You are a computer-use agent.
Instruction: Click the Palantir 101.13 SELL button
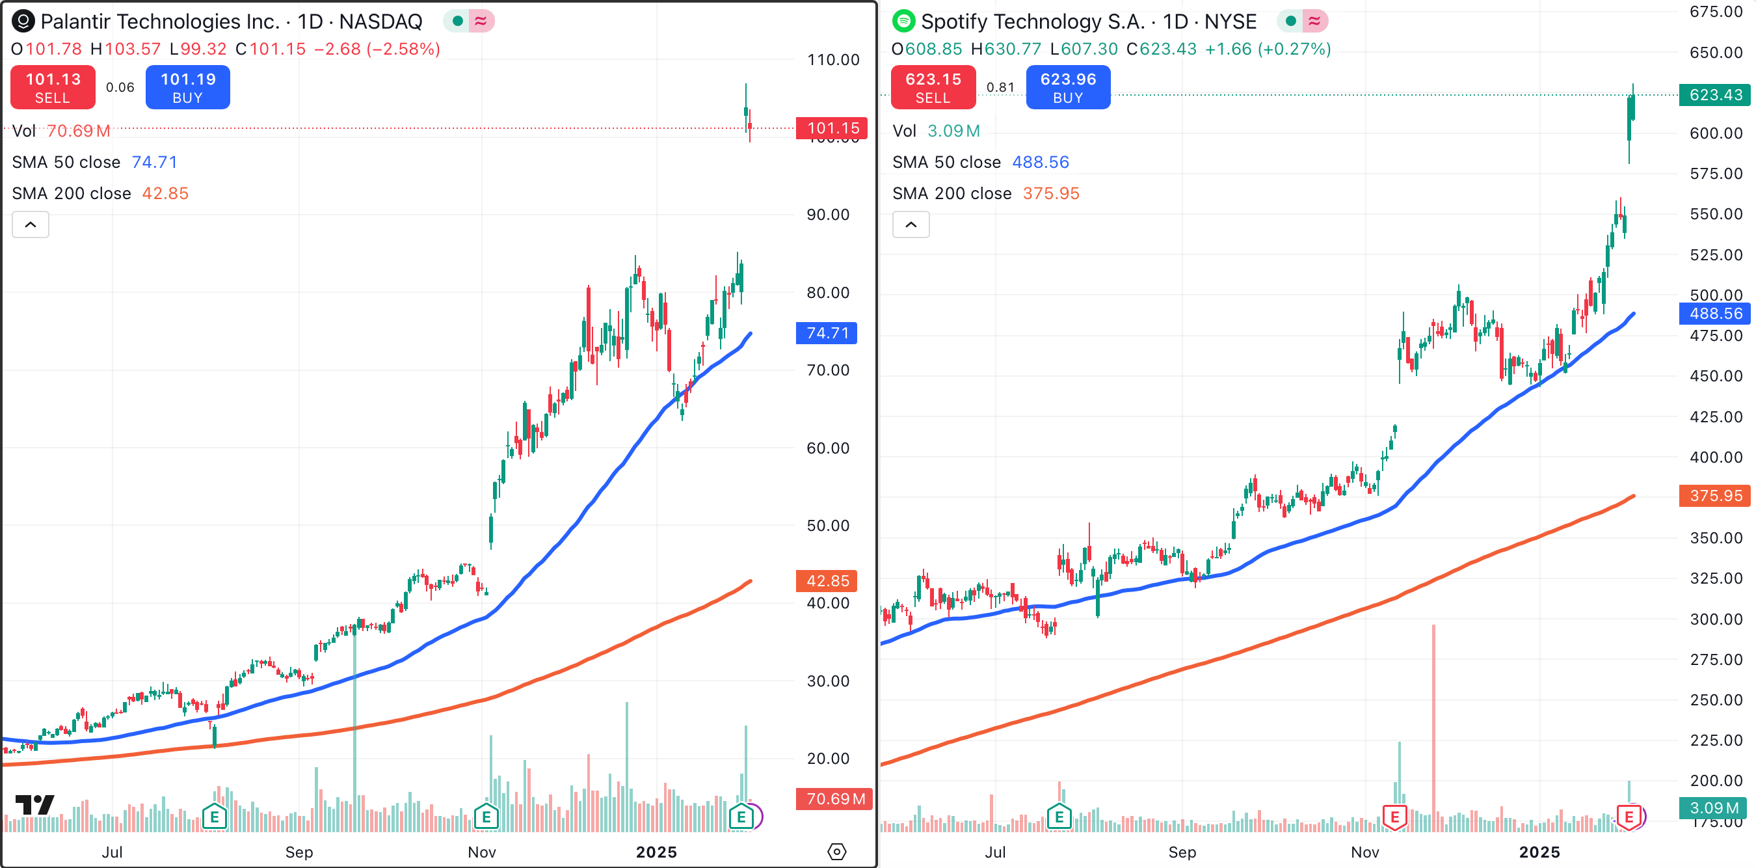53,87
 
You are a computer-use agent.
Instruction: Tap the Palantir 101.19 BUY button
187,87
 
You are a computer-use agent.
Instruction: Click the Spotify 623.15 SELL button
933,87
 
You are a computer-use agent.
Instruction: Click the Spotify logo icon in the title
903,21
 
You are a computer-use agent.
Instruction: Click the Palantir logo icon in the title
23,21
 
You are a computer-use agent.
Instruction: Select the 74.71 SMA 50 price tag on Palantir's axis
826,332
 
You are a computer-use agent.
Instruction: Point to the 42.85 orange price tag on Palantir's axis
826,581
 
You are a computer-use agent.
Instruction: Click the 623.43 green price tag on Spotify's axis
1714,95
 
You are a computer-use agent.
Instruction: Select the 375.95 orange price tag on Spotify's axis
1714,496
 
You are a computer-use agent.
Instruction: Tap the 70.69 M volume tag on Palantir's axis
834,798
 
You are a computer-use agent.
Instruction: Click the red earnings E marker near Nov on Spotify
1394,816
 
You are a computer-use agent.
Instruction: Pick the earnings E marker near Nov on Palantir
486,816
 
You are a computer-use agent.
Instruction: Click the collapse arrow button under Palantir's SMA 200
31,224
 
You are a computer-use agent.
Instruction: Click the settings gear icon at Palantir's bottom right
836,852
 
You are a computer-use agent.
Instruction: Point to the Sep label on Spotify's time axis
1182,852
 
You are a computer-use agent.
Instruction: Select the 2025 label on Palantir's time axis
656,852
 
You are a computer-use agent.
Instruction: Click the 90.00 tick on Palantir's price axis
827,215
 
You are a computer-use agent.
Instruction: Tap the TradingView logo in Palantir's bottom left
34,806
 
